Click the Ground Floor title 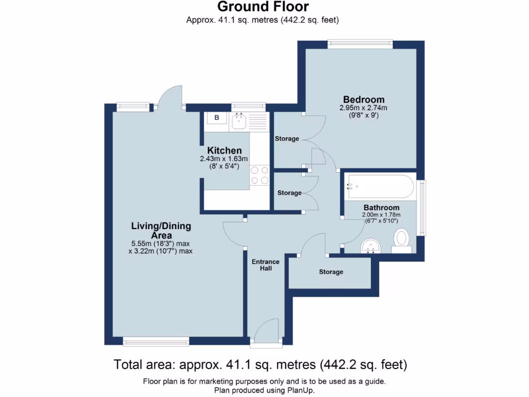coord(263,7)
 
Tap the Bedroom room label coord(364,99)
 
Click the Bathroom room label coord(381,207)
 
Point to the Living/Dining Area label coord(161,231)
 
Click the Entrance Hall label coord(266,265)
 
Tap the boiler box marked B coord(217,118)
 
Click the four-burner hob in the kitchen coord(260,175)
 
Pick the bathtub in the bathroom coord(381,187)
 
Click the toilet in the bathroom coord(401,241)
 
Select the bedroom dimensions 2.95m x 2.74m coord(363,108)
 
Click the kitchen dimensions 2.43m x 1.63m coord(224,159)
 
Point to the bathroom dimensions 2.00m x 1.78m coord(381,215)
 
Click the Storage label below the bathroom coord(331,272)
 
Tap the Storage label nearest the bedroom coord(287,139)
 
